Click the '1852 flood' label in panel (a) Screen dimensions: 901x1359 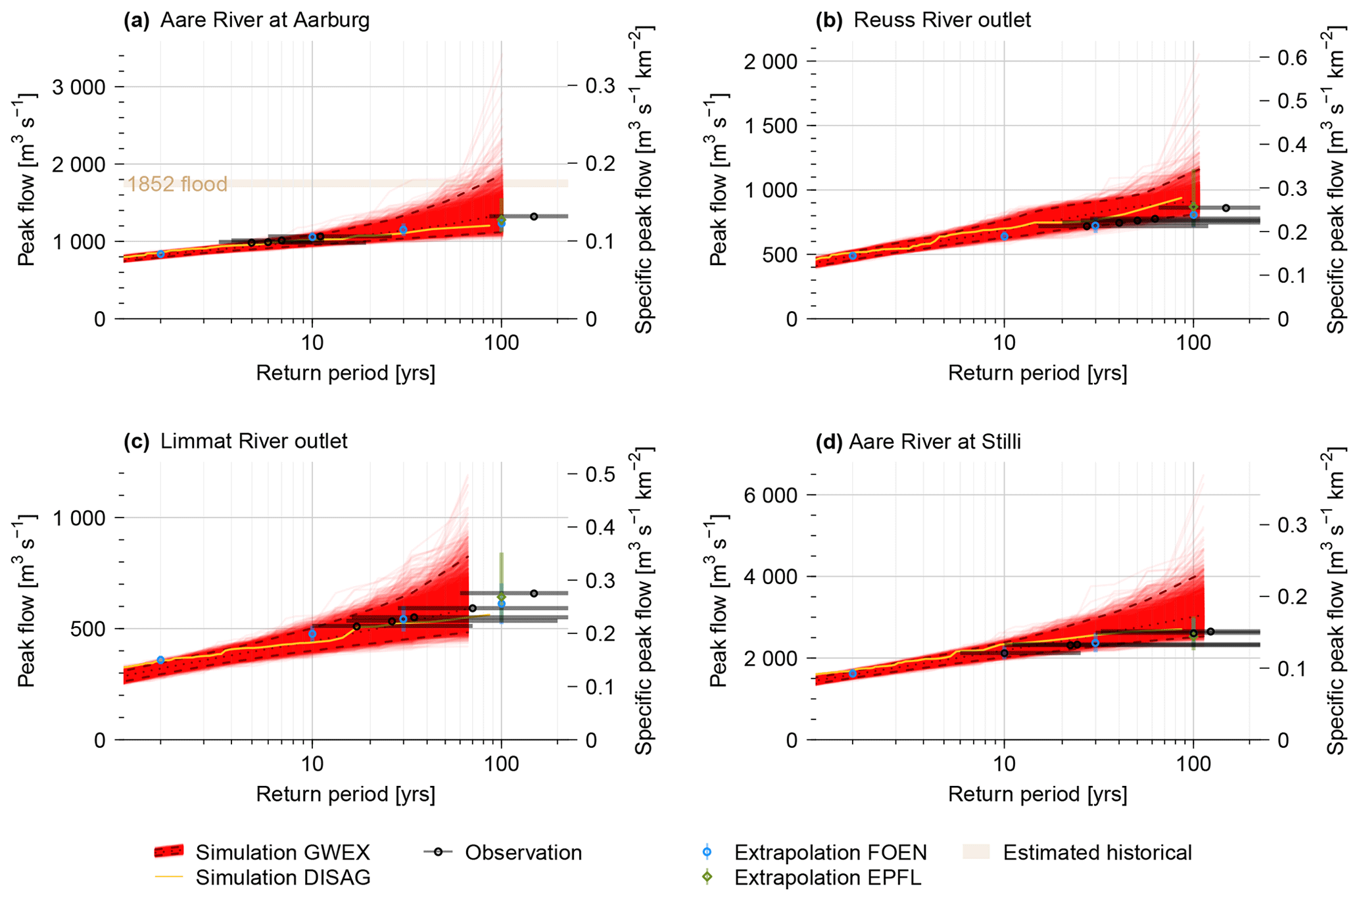(x=177, y=184)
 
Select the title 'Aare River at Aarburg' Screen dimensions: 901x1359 (x=265, y=20)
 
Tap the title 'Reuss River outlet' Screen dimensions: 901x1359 (x=942, y=20)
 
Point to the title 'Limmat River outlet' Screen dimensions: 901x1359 (x=254, y=441)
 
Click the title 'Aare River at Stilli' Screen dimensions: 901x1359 (x=934, y=441)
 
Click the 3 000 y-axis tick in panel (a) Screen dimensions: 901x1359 (x=78, y=87)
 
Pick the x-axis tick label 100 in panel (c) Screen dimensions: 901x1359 (x=502, y=765)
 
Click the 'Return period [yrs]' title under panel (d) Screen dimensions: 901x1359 (x=1037, y=794)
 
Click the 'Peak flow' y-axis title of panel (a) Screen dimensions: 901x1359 (x=26, y=180)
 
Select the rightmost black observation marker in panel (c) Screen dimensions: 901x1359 (x=534, y=593)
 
